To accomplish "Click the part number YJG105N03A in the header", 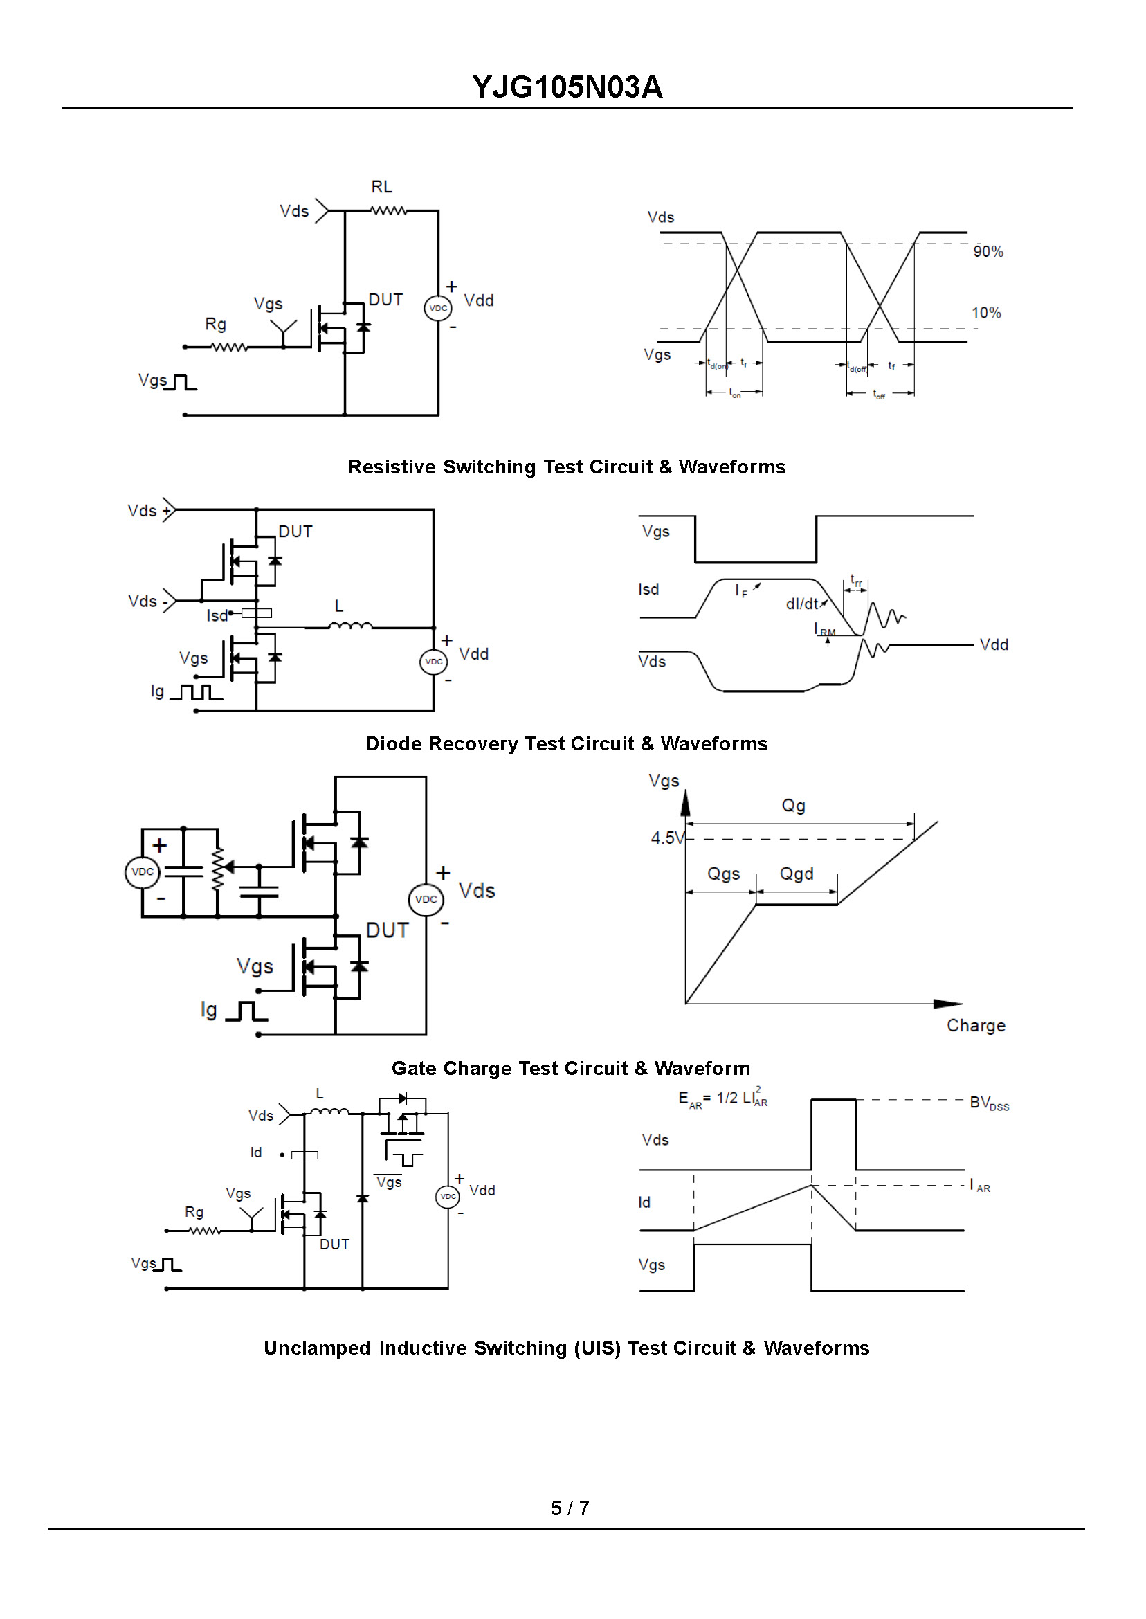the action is [567, 87].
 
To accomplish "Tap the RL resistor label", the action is [382, 187].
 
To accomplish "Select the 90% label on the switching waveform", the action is [988, 251].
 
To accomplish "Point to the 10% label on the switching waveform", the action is [987, 313].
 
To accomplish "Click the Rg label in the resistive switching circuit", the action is [216, 325].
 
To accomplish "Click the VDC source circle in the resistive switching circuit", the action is [438, 309].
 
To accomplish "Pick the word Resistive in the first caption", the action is [392, 467].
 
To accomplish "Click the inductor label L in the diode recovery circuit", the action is [339, 606].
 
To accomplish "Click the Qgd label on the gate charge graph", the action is [797, 874].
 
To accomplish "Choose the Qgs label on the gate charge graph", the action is [724, 874].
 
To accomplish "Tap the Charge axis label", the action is [976, 1026].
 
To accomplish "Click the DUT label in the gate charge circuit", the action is [388, 931].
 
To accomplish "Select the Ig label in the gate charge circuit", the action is [209, 1011].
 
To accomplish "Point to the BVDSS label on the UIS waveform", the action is [990, 1104].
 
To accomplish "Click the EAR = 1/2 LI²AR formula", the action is [723, 1098].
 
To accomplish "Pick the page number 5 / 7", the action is [570, 1509].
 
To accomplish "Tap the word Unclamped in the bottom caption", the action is [318, 1348].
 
